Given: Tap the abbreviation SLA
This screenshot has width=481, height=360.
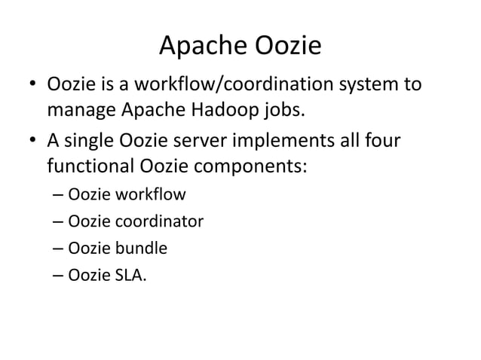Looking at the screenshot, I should coord(130,274).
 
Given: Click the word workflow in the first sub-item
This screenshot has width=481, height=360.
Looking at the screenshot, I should coord(148,196).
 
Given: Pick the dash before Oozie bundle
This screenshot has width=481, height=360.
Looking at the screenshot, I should coord(59,248).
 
